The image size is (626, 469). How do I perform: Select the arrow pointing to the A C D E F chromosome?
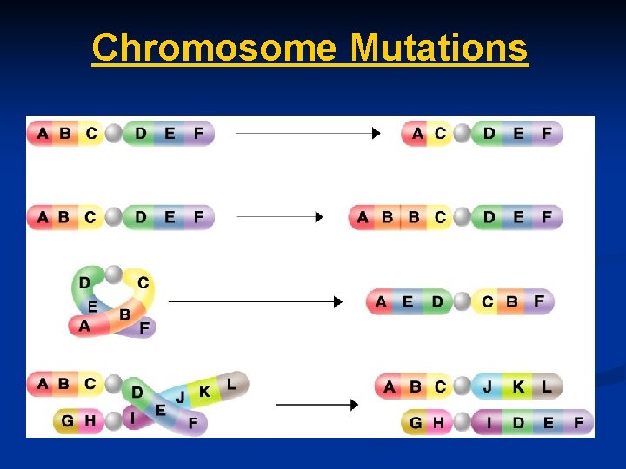click(308, 134)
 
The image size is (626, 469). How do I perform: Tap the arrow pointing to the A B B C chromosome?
click(279, 217)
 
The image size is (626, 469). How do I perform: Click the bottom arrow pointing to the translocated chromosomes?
click(316, 405)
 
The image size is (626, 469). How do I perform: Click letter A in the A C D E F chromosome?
click(418, 134)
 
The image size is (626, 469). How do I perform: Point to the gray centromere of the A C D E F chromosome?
click(462, 134)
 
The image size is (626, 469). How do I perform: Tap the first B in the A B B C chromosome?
click(388, 217)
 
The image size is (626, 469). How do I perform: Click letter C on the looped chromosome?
click(143, 283)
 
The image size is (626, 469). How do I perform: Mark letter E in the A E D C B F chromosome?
click(408, 302)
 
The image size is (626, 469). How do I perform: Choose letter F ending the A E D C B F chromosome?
click(539, 301)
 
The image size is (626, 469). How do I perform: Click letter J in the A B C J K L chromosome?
click(489, 386)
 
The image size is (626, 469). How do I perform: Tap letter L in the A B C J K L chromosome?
click(546, 386)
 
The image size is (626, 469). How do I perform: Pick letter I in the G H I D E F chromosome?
click(489, 423)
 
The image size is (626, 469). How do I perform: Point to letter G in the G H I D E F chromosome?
click(416, 423)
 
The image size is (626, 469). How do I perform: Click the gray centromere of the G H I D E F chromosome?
click(461, 423)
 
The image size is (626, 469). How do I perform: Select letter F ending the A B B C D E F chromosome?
click(546, 217)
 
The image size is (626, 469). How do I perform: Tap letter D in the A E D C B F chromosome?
click(436, 302)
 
